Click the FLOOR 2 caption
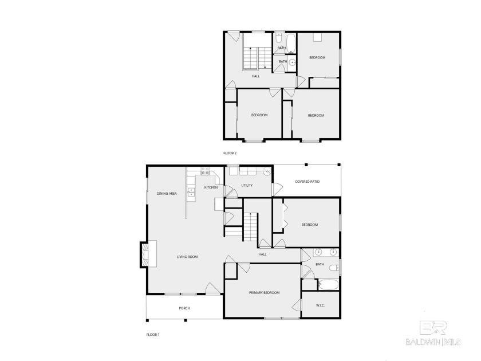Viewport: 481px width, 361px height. coord(230,153)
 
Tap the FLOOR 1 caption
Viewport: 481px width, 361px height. coord(152,333)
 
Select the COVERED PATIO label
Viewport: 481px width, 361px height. coord(307,182)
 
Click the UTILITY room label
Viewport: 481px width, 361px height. coord(247,186)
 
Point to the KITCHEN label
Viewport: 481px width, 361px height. coord(211,187)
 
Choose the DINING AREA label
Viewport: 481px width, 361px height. coord(167,194)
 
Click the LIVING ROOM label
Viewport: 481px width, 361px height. coord(187,257)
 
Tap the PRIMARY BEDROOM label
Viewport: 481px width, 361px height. coord(264,293)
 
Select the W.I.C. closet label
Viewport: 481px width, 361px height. coord(320,305)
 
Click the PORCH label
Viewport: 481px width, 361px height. coord(184,308)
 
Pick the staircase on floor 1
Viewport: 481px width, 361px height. coord(250,227)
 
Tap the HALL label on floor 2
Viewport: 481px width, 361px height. coord(256,76)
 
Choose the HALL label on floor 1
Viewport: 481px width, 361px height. coord(262,254)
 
